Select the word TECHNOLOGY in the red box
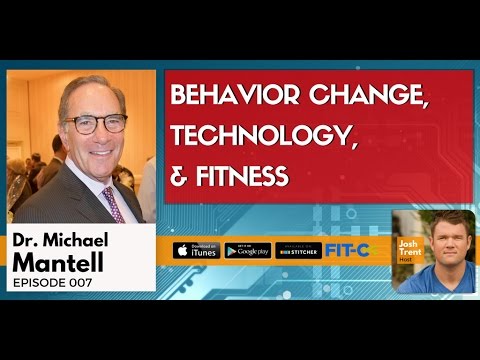[x=256, y=138]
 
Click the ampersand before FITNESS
[x=180, y=177]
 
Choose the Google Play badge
[x=245, y=249]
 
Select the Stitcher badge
[x=297, y=249]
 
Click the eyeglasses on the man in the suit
[x=98, y=124]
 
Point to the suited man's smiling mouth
[x=100, y=152]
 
